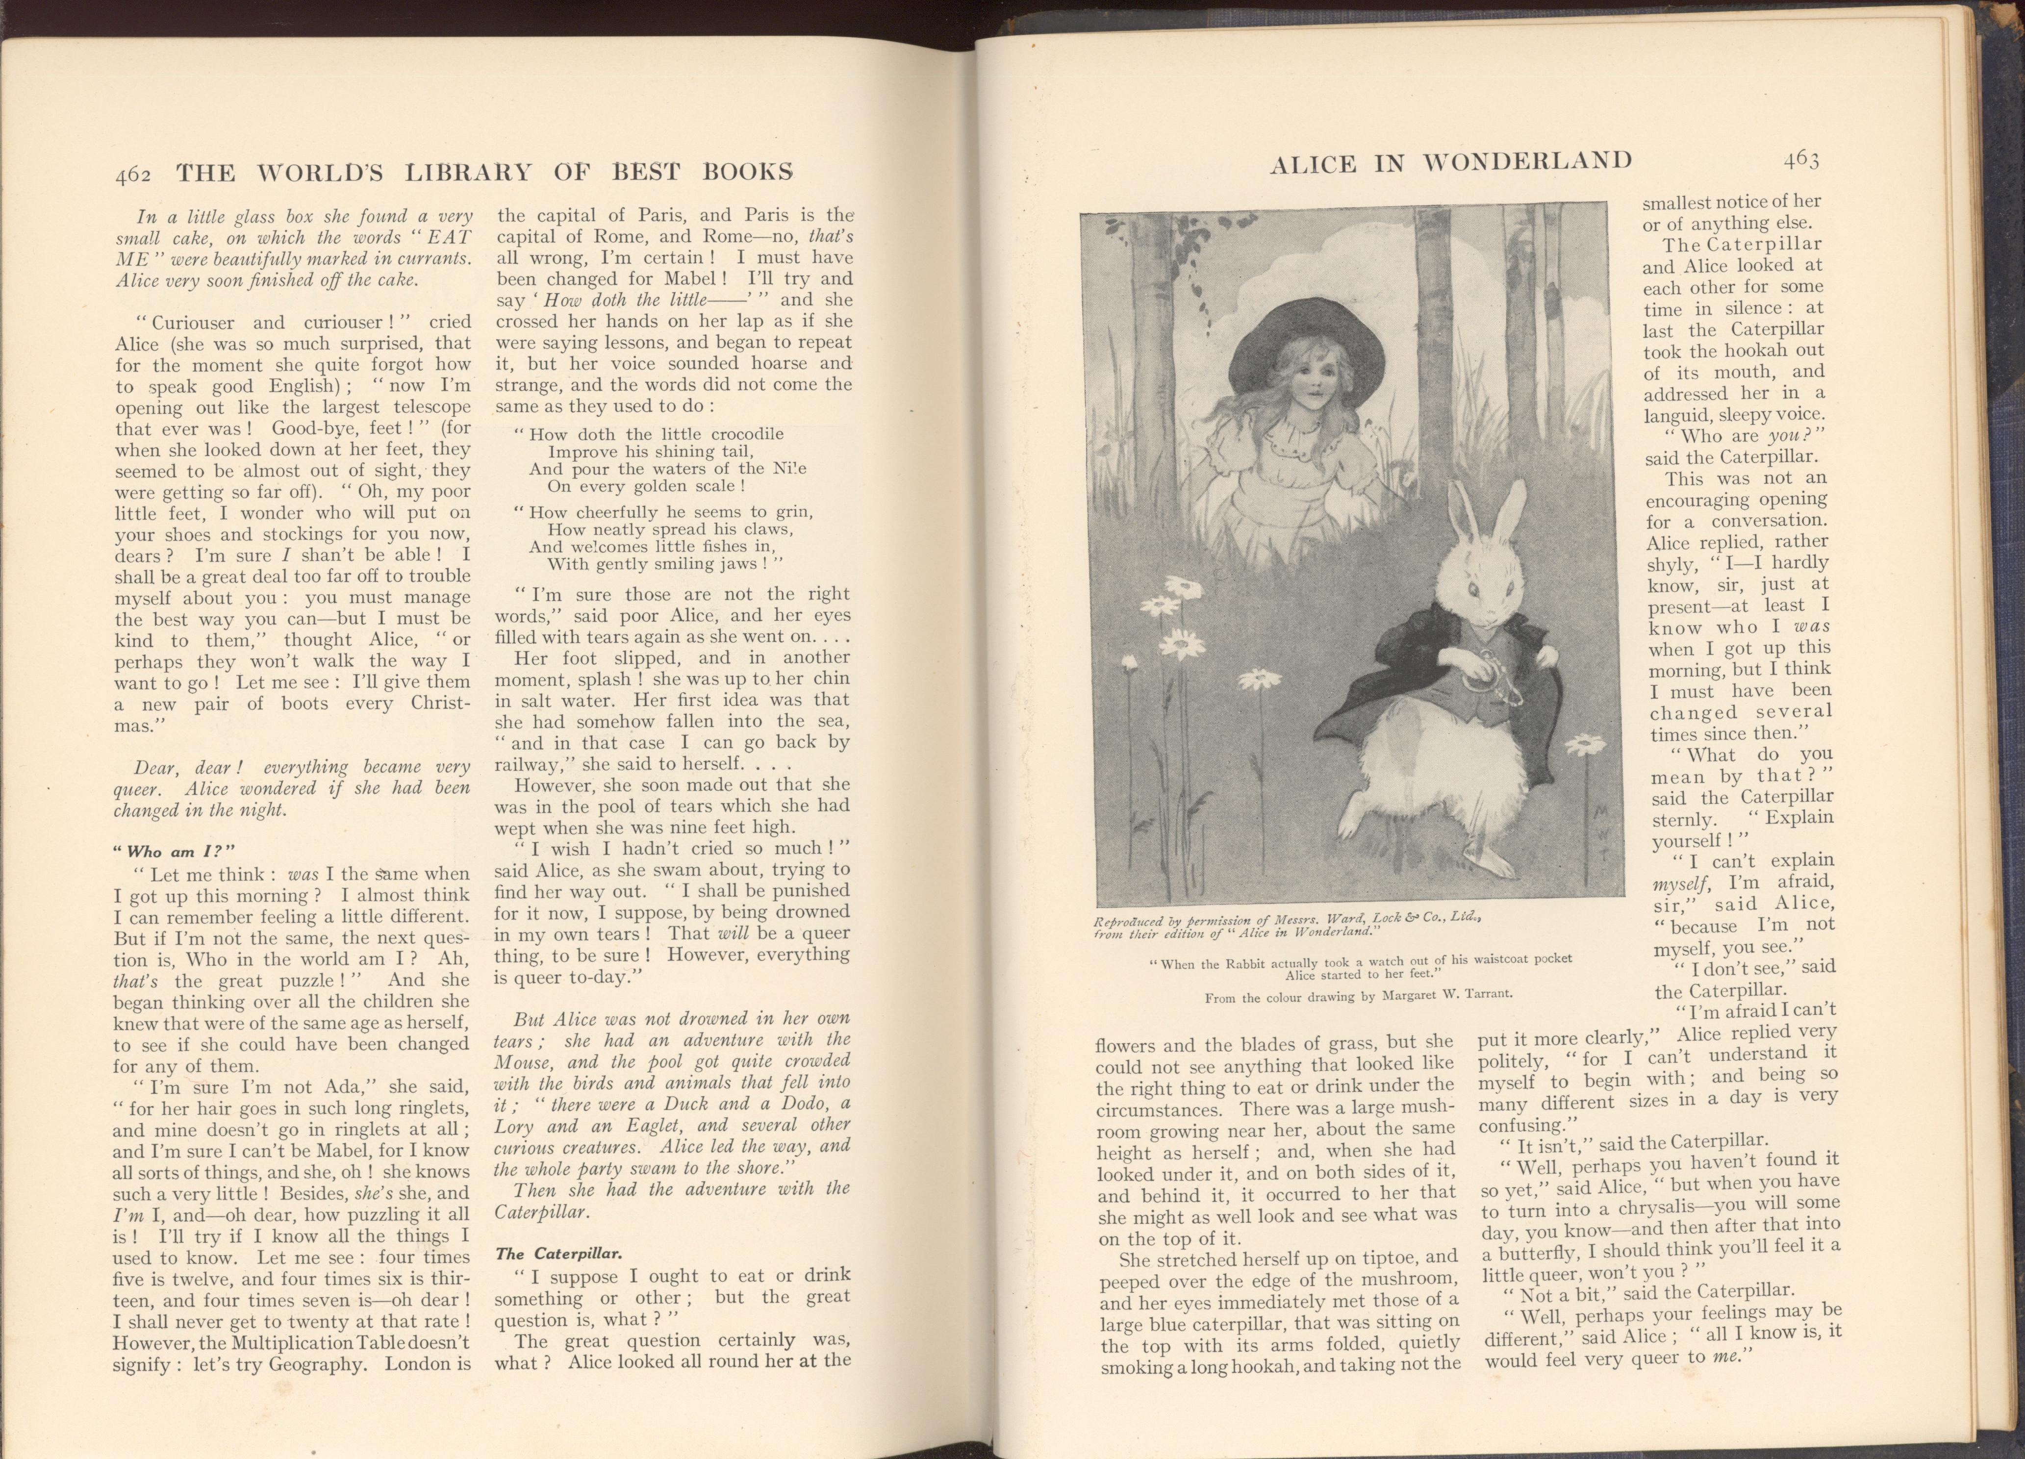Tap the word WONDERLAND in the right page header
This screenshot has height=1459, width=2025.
[1527, 162]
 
